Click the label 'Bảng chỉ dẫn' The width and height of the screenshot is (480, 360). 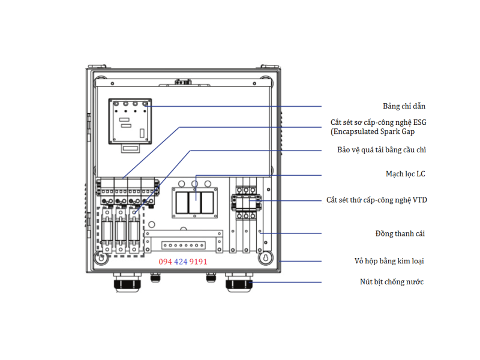[404, 106]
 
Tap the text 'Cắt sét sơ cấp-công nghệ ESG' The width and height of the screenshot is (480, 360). [379, 122]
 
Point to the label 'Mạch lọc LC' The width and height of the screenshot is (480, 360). [405, 174]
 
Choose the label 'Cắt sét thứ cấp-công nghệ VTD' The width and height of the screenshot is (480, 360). [377, 200]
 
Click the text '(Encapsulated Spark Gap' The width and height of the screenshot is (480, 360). [373, 131]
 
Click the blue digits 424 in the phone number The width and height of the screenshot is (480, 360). [180, 262]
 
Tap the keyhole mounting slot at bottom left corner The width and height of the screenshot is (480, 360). [101, 258]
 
